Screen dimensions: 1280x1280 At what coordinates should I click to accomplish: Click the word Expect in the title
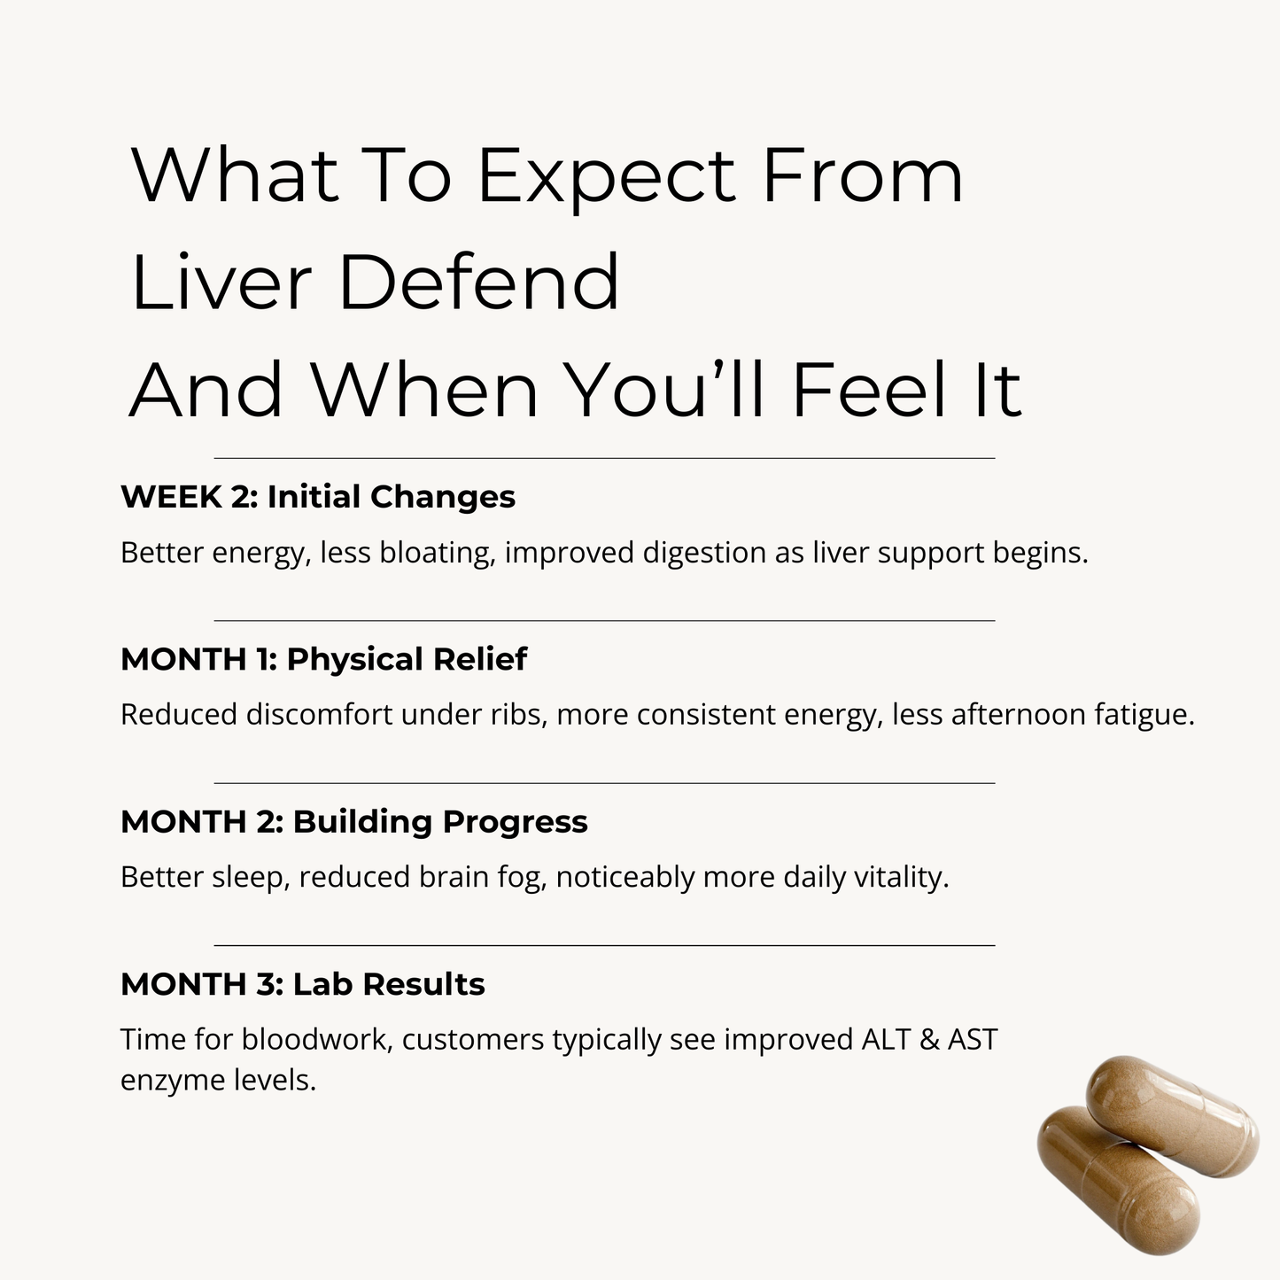(606, 176)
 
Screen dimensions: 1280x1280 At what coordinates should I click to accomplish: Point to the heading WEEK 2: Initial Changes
(318, 497)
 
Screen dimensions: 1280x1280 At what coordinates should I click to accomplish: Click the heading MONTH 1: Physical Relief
(323, 659)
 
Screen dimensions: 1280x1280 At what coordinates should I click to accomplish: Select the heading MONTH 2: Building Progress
(353, 821)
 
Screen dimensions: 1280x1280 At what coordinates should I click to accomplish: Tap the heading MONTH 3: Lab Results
(302, 984)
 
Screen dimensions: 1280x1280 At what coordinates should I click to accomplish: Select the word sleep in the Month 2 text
(251, 878)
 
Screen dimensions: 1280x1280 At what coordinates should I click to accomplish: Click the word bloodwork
(317, 1039)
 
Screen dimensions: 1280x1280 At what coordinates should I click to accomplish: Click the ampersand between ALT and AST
(929, 1039)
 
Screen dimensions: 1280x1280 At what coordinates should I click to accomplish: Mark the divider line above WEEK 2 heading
(604, 458)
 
